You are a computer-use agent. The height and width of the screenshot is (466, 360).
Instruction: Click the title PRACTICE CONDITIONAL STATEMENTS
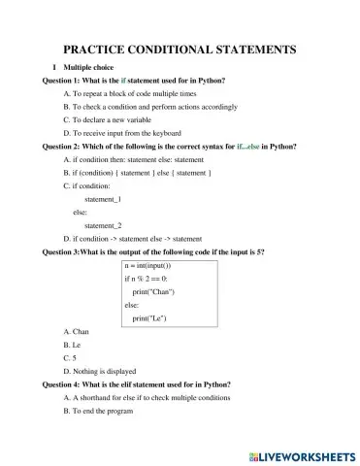pos(179,50)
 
